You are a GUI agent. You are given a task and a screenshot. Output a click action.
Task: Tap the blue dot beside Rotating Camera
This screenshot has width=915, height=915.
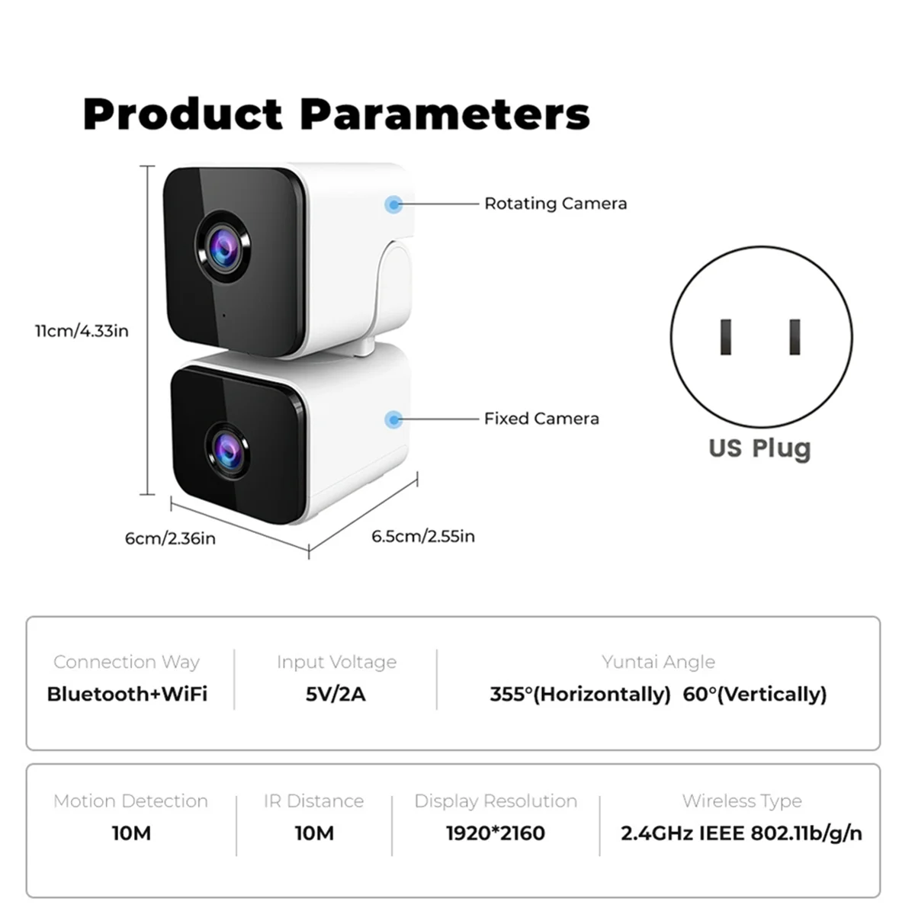pyautogui.click(x=393, y=204)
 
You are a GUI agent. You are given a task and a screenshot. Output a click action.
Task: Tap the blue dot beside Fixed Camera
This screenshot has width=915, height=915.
pyautogui.click(x=393, y=419)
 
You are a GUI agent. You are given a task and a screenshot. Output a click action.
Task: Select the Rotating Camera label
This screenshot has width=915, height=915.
pyautogui.click(x=556, y=204)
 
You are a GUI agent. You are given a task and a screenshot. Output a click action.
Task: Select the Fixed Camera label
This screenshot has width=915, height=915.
pyautogui.click(x=542, y=419)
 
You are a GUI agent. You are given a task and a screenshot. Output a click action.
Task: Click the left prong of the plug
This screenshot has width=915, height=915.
pyautogui.click(x=726, y=337)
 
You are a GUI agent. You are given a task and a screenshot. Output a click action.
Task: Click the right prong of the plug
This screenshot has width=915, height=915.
pyautogui.click(x=795, y=337)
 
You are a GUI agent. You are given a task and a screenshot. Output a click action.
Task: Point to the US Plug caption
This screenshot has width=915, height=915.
pyautogui.click(x=759, y=448)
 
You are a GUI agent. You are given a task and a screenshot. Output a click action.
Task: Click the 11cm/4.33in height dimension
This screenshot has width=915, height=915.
pyautogui.click(x=82, y=331)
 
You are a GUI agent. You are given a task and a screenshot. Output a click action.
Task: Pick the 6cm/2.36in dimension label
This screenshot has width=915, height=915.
pyautogui.click(x=170, y=538)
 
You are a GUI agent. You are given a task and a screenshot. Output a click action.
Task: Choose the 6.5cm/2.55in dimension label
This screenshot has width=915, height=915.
pyautogui.click(x=423, y=536)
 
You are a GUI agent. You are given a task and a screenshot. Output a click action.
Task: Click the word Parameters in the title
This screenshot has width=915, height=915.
pyautogui.click(x=445, y=114)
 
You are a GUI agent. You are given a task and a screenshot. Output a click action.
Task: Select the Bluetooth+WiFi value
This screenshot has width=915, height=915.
pyautogui.click(x=127, y=694)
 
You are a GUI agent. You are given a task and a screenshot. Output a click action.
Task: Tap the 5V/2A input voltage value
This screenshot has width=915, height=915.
pyautogui.click(x=335, y=694)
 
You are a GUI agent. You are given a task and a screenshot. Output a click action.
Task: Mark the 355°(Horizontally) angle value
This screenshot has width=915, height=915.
pyautogui.click(x=580, y=695)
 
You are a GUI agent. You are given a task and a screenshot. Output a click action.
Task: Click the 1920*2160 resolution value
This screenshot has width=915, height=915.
pyautogui.click(x=496, y=833)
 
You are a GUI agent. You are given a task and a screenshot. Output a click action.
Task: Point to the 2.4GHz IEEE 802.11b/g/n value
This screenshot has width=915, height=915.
pyautogui.click(x=742, y=834)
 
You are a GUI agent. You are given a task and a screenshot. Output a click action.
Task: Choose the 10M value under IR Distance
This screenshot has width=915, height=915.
pyautogui.click(x=314, y=833)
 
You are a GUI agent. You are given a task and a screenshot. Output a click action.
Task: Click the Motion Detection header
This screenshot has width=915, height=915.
pyautogui.click(x=130, y=801)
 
